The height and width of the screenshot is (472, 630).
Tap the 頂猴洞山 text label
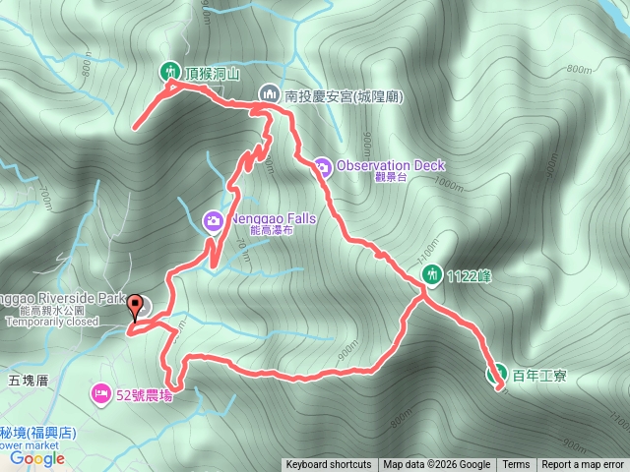[x=212, y=72]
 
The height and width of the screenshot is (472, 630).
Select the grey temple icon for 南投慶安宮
[x=270, y=94]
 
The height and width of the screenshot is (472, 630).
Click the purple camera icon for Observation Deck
[x=322, y=166]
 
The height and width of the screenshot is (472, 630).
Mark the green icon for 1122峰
[x=430, y=275]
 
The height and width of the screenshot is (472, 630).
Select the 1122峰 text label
[x=469, y=276]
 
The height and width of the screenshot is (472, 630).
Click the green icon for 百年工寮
[x=497, y=375]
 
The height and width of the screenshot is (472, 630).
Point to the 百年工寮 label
[x=539, y=376]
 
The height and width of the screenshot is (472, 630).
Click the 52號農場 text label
[x=144, y=396]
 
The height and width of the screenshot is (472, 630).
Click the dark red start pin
[x=134, y=308]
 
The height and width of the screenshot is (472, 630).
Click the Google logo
[x=37, y=457]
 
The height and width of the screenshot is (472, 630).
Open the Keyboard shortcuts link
[x=329, y=465]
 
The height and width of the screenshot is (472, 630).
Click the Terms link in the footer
[x=516, y=465]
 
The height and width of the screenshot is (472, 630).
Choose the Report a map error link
[x=583, y=465]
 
